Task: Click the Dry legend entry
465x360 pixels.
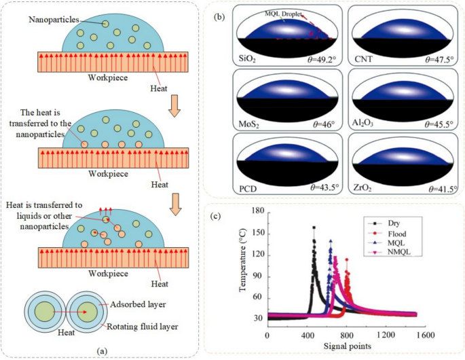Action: click(395, 222)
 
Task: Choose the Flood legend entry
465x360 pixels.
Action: click(398, 232)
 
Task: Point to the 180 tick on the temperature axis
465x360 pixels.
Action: click(257, 211)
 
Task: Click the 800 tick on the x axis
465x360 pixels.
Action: click(347, 336)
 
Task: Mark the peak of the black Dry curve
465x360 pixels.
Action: click(314, 228)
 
